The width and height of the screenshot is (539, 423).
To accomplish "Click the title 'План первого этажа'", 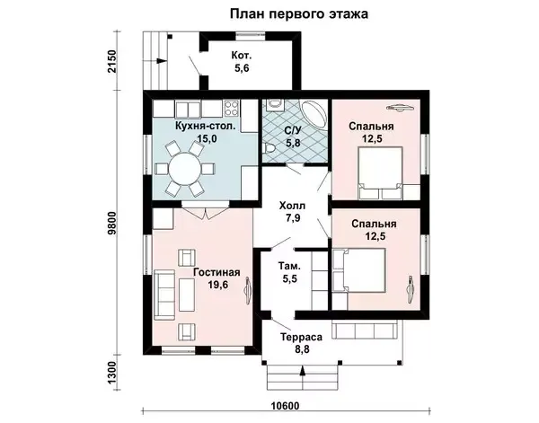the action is pyautogui.click(x=299, y=14).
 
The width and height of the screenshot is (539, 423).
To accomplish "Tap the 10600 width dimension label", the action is pyautogui.click(x=285, y=406).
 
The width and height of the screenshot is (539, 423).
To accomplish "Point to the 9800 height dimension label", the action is pyautogui.click(x=112, y=223).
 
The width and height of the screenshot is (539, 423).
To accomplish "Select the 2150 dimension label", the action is pyautogui.click(x=112, y=61).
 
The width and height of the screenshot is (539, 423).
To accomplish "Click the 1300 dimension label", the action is pyautogui.click(x=112, y=373).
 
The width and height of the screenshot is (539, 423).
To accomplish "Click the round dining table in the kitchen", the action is pyautogui.click(x=184, y=169).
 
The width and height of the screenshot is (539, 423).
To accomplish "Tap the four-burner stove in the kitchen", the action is pyautogui.click(x=232, y=108).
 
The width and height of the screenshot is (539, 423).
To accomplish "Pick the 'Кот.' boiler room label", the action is pyautogui.click(x=242, y=55).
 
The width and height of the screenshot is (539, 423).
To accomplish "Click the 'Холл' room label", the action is pyautogui.click(x=292, y=206).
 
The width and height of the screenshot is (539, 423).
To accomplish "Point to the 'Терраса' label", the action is pyautogui.click(x=302, y=337).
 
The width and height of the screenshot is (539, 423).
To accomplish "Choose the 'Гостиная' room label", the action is pyautogui.click(x=216, y=272).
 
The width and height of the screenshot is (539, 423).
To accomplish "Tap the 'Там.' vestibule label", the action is pyautogui.click(x=289, y=266).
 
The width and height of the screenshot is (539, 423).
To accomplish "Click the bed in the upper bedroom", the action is pyautogui.click(x=381, y=173).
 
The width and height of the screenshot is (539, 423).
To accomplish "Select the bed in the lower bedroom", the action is pyautogui.click(x=359, y=270).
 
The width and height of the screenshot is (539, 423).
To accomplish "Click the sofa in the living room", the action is pyautogui.click(x=164, y=295).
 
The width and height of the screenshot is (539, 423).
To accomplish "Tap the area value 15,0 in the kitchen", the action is pyautogui.click(x=206, y=138).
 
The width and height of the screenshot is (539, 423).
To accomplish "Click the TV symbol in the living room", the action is pyautogui.click(x=248, y=291).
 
